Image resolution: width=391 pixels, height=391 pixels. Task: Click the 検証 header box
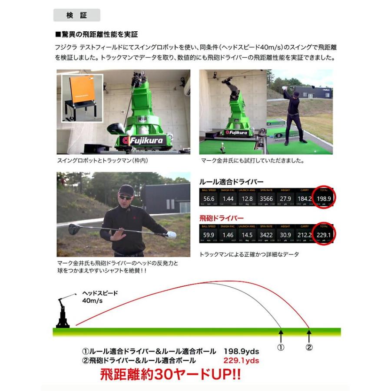pyautogui.click(x=76, y=15)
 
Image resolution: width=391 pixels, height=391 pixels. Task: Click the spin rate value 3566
pyautogui.click(x=266, y=199)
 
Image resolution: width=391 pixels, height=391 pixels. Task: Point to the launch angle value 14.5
pyautogui.click(x=247, y=235)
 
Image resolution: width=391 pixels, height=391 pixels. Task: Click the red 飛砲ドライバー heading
pyautogui.click(x=221, y=218)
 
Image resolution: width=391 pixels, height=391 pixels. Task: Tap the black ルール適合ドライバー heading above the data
pyautogui.click(x=231, y=182)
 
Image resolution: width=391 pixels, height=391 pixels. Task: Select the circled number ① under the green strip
pyautogui.click(x=281, y=348)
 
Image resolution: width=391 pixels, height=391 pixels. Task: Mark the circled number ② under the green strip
pyautogui.click(x=309, y=348)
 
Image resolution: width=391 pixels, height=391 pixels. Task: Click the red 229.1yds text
pyautogui.click(x=241, y=360)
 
